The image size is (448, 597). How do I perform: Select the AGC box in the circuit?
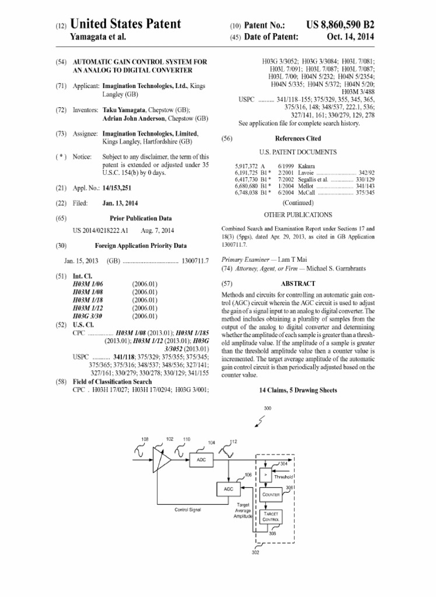coord(228,489)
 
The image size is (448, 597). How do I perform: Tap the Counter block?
coord(272,495)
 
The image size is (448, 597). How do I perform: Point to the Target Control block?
coord(272,517)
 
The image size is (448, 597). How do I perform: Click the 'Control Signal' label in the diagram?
coord(188,510)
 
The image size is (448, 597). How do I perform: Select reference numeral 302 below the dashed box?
coord(255,552)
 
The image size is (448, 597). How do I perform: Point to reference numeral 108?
coord(145,438)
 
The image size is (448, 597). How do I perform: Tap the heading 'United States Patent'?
coord(125,24)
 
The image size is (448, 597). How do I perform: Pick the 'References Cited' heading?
coord(297,138)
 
